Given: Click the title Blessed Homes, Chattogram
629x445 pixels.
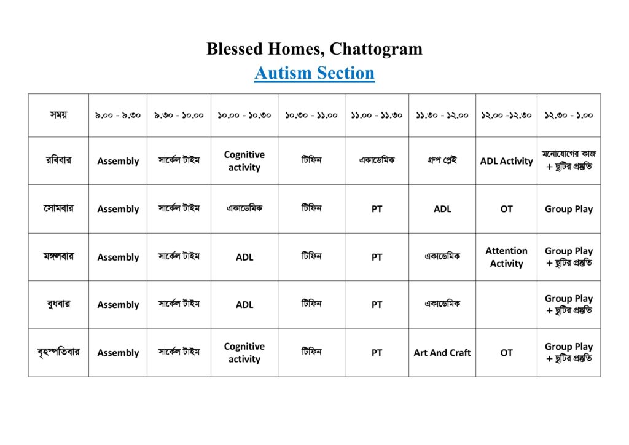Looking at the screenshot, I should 314,49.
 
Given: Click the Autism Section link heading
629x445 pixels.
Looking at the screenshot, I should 314,73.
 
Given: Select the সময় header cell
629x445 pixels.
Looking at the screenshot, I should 58,115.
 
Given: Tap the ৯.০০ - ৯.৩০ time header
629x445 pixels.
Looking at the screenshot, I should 118,115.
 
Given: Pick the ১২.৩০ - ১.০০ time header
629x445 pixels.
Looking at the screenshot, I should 568,115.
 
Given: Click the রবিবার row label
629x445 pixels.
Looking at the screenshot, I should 58,160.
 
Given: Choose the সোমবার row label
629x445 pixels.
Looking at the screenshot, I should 58,208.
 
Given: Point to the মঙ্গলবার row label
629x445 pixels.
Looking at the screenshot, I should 58,256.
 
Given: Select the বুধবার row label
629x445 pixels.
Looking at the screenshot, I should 58,304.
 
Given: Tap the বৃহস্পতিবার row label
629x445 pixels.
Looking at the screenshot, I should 58,352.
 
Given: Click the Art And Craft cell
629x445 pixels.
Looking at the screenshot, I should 442,353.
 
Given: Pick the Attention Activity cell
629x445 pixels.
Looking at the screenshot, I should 506,257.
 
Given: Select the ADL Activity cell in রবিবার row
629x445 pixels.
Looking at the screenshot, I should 506,161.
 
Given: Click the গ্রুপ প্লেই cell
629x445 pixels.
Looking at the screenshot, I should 442,160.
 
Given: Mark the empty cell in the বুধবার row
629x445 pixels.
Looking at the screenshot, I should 506,304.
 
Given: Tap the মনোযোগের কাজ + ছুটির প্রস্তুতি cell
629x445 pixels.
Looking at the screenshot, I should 568,160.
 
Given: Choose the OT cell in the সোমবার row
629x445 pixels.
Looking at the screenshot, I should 506,209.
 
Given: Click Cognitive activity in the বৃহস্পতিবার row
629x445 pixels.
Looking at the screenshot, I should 244,353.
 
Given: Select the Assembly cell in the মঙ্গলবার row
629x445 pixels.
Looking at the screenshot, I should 118,257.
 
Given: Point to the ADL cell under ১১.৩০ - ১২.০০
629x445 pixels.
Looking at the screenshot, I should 442,209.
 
